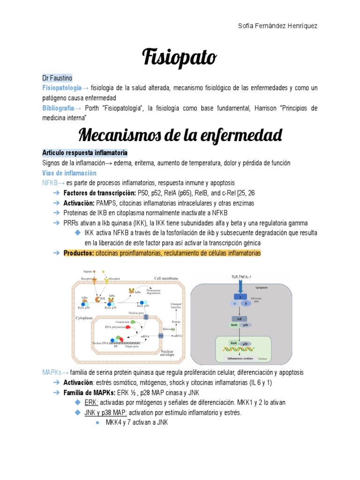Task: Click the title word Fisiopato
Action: pyautogui.click(x=180, y=58)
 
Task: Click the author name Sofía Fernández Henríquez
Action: pyautogui.click(x=278, y=26)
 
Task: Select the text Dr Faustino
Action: pyautogui.click(x=57, y=78)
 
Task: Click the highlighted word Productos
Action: pyautogui.click(x=78, y=253)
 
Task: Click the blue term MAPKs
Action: pyautogui.click(x=52, y=372)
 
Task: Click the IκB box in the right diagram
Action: pyautogui.click(x=239, y=317)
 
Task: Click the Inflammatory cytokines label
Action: pyautogui.click(x=241, y=359)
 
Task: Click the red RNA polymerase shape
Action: pyautogui.click(x=128, y=328)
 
